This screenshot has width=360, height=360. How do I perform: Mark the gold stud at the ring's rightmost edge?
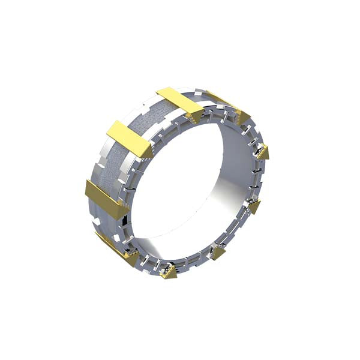pyautogui.click(x=263, y=152)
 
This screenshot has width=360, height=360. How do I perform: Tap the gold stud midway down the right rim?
pyautogui.click(x=254, y=207)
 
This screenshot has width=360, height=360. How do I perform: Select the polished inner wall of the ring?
pyautogui.click(x=237, y=180)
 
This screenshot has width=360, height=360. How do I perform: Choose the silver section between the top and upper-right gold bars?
pyautogui.click(x=207, y=99)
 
